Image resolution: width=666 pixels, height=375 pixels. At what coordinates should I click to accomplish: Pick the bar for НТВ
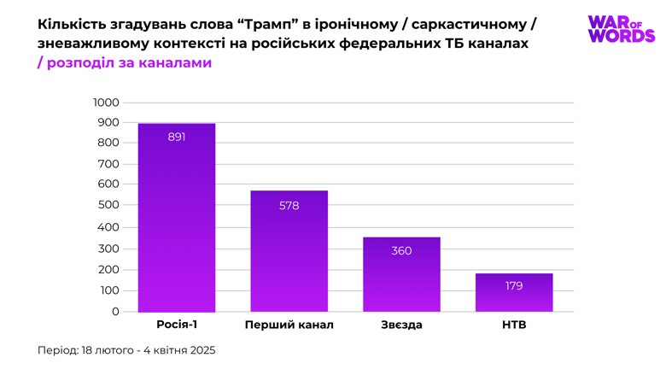point(514,299)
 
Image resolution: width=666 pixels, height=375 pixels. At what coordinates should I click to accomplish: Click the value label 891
point(177,137)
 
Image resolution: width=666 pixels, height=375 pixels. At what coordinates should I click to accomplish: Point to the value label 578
point(289,206)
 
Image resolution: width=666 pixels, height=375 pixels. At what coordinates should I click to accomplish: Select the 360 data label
point(401,251)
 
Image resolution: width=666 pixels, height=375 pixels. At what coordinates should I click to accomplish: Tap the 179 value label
point(514,286)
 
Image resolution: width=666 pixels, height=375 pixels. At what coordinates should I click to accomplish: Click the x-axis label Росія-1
point(177,325)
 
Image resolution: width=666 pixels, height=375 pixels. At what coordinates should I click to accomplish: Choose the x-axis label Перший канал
point(289,325)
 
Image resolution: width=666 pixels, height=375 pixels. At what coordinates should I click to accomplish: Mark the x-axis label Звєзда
point(401,325)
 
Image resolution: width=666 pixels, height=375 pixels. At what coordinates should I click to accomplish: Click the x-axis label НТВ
point(514,325)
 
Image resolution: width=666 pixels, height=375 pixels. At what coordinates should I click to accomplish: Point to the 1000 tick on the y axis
point(107,103)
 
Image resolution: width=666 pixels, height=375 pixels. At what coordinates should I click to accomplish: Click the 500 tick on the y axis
point(109,205)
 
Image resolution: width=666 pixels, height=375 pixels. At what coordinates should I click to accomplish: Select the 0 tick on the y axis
point(115,312)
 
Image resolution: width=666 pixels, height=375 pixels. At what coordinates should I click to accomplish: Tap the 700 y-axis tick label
point(109,163)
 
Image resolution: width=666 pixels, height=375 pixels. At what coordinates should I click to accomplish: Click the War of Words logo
point(621,29)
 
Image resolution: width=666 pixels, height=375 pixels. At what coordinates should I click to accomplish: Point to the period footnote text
point(126,350)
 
